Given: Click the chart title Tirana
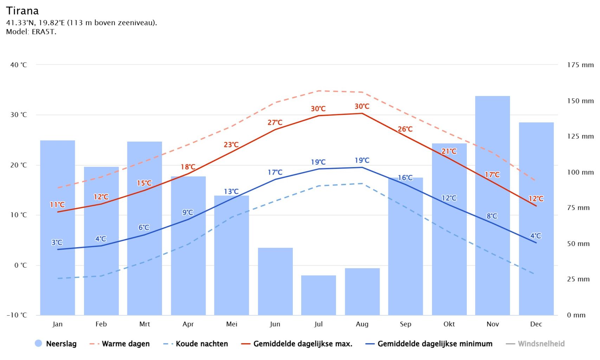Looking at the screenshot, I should [x=22, y=11].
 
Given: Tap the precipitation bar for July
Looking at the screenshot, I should [x=318, y=295].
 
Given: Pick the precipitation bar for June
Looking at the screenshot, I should [x=275, y=281].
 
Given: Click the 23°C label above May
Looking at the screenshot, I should [x=231, y=144].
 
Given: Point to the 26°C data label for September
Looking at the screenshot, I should [x=405, y=129].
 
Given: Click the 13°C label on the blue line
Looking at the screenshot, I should [x=231, y=192].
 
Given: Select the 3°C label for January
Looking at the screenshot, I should [x=57, y=242].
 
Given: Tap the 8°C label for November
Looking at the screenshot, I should [x=492, y=216].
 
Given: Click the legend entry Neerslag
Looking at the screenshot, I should [x=61, y=344].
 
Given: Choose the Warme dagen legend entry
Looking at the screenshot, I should [x=125, y=344].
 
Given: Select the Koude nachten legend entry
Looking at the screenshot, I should [x=201, y=344].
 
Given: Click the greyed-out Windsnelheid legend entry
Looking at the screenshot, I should [x=541, y=344].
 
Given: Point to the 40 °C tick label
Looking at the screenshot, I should [x=18, y=65].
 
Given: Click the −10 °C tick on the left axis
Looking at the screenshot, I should [x=17, y=315].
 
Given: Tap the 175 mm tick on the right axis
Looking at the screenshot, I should [x=580, y=65].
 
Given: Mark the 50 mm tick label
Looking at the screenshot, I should [x=578, y=244].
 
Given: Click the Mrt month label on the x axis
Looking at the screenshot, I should [x=144, y=324].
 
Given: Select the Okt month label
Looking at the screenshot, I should [x=449, y=324].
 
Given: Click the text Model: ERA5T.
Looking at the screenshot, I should [x=31, y=32].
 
